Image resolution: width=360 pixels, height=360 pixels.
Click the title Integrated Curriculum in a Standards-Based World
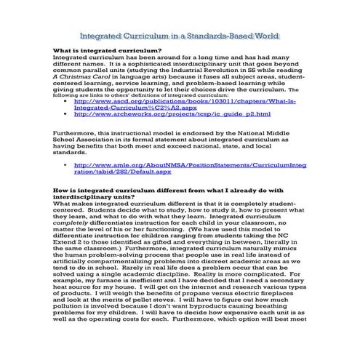click(180, 34)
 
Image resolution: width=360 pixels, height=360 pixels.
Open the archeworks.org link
click(172, 114)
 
